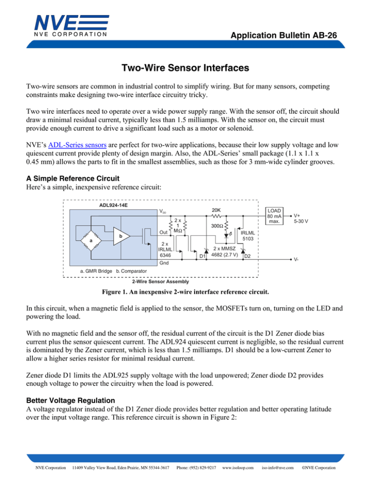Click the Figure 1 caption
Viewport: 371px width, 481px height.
click(x=185, y=293)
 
